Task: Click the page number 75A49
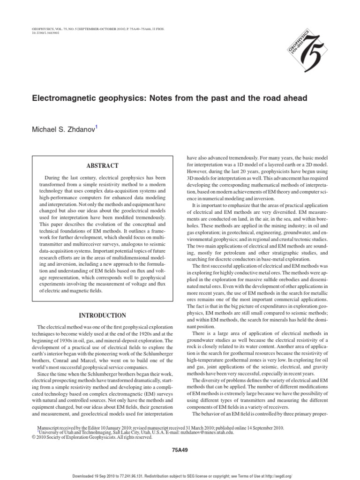[x=180, y=450]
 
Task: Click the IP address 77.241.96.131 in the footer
[x=141, y=476]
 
